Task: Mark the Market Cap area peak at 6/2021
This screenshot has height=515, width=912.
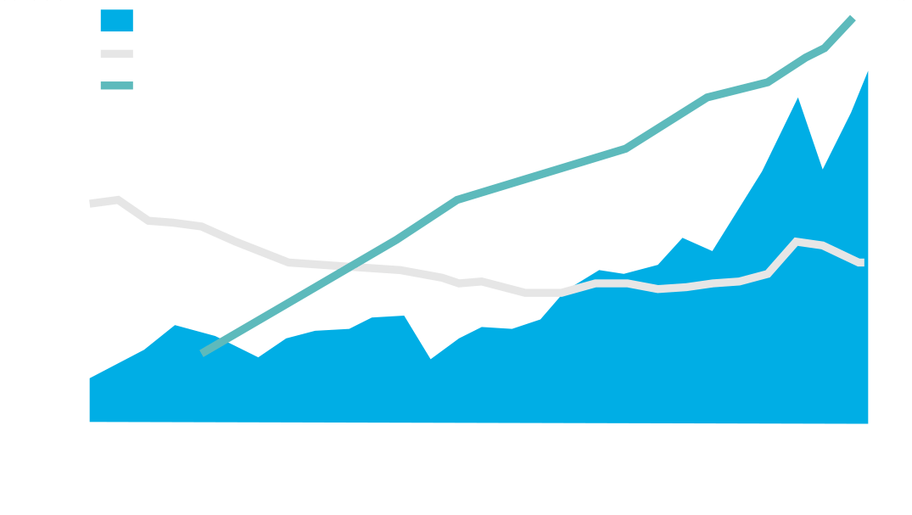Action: point(797,97)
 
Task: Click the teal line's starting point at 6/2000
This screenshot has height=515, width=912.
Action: point(203,351)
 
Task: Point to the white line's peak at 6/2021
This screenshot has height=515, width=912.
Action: point(797,241)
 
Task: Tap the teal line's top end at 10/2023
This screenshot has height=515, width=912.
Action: point(853,18)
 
